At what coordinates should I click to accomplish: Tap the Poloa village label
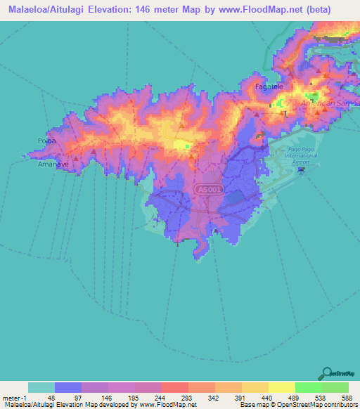46,141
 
